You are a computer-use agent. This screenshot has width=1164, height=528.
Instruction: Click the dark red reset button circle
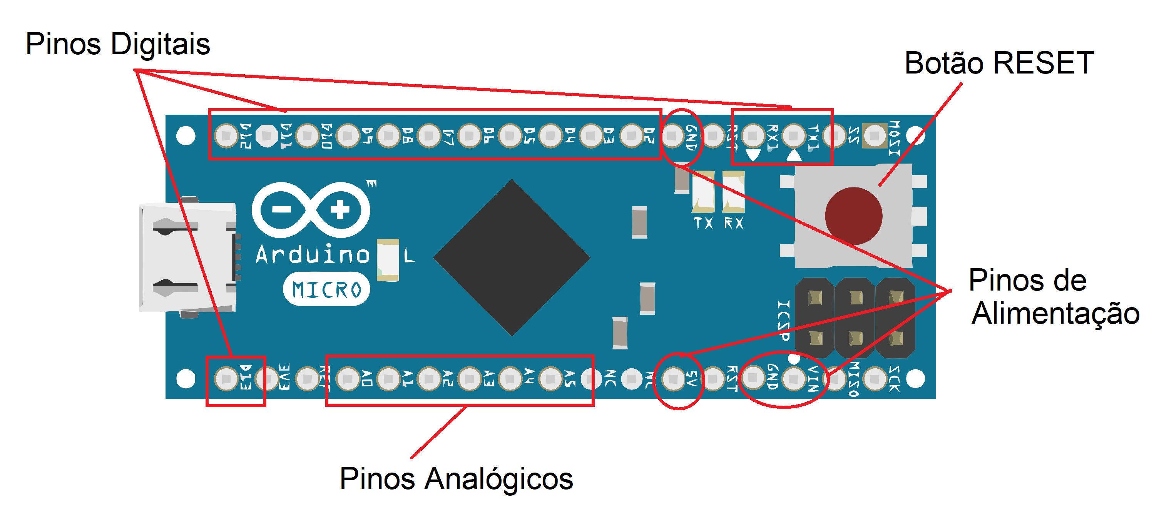(x=853, y=216)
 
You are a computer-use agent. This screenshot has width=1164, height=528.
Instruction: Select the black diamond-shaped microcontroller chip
(x=512, y=257)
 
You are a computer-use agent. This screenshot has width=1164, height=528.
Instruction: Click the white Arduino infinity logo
(x=311, y=210)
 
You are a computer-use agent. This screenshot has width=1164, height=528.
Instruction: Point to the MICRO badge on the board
(x=326, y=289)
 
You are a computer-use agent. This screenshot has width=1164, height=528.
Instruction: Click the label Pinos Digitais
(x=117, y=44)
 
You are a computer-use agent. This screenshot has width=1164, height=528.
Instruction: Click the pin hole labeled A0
(x=348, y=379)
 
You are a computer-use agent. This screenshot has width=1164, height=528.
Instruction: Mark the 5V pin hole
(x=673, y=379)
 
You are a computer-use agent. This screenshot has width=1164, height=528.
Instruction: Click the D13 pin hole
(x=226, y=379)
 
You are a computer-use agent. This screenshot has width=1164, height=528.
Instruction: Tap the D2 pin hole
(x=632, y=135)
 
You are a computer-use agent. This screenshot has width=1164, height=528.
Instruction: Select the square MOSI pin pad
(x=875, y=135)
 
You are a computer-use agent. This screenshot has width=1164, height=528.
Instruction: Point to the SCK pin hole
(x=875, y=379)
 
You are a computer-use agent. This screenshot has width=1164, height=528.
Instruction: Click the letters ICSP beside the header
(x=783, y=320)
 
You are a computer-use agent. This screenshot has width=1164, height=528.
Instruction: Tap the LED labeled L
(x=388, y=260)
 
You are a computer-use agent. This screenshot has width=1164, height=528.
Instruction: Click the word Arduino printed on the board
(x=313, y=254)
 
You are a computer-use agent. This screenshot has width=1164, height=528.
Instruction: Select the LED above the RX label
(x=733, y=192)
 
